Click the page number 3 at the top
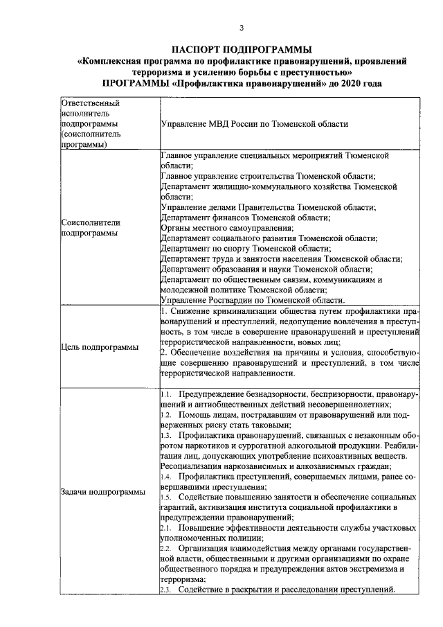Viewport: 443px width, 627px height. click(242, 28)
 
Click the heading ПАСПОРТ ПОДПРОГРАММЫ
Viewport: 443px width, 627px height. click(242, 49)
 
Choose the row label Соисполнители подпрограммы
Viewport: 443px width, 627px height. click(91, 228)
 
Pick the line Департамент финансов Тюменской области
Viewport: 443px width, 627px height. click(244, 217)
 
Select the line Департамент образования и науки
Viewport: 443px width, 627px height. click(266, 268)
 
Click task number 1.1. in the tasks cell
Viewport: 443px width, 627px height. click(166, 394)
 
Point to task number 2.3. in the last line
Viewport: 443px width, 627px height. click(166, 590)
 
